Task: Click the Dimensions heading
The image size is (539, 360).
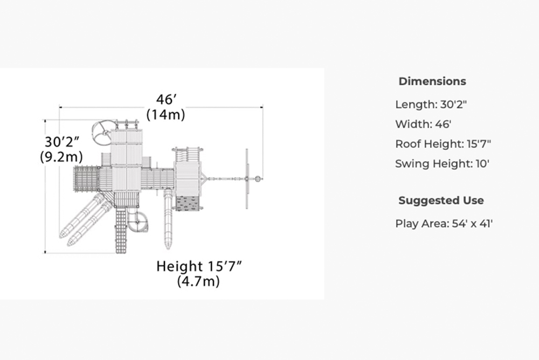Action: coord(432,81)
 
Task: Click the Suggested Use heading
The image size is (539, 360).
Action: coord(441,200)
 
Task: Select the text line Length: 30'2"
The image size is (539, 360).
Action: coord(431,104)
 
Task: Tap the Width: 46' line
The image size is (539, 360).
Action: coord(423,124)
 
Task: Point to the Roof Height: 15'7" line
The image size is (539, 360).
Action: coord(443,144)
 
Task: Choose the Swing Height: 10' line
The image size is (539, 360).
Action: coord(442,164)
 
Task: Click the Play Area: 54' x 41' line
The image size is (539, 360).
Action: coord(444,224)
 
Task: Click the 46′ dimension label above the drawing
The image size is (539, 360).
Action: coord(167,99)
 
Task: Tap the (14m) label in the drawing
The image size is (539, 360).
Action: coord(165,114)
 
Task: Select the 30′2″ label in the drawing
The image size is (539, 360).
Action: coord(62,142)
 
